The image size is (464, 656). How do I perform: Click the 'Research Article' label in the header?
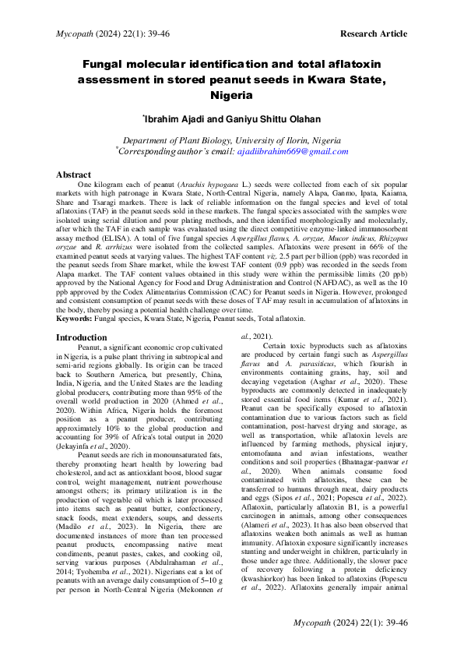pyautogui.click(x=373, y=34)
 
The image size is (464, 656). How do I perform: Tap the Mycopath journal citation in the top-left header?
pyautogui.click(x=105, y=34)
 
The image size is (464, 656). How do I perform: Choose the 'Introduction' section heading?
pyautogui.click(x=83, y=337)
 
